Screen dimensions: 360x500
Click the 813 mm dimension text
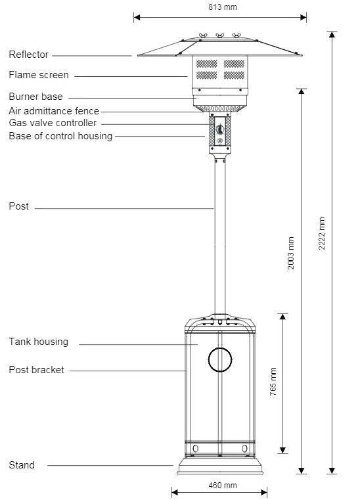[x=223, y=7]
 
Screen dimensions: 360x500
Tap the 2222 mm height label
[x=322, y=233]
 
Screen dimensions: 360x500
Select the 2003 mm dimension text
[x=291, y=253]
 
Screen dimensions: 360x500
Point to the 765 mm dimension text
[x=273, y=382]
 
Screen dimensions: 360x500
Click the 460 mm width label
[x=223, y=486]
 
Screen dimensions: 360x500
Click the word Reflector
[x=29, y=55]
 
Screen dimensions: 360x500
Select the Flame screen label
[x=39, y=75]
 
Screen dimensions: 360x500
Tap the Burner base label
[x=35, y=97]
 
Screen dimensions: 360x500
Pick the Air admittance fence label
[x=54, y=111]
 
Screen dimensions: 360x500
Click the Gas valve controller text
[x=53, y=123]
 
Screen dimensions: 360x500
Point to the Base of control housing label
[x=60, y=136]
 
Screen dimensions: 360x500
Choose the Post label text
[x=19, y=206]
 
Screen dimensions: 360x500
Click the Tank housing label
[x=38, y=342]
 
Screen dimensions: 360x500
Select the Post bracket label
[x=36, y=370]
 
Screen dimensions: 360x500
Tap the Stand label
[x=22, y=465]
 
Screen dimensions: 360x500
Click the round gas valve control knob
[x=220, y=129]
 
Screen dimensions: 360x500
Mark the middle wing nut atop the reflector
[x=219, y=35]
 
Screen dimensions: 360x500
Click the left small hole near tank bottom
[x=196, y=448]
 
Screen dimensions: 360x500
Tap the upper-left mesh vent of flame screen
[x=207, y=64]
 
